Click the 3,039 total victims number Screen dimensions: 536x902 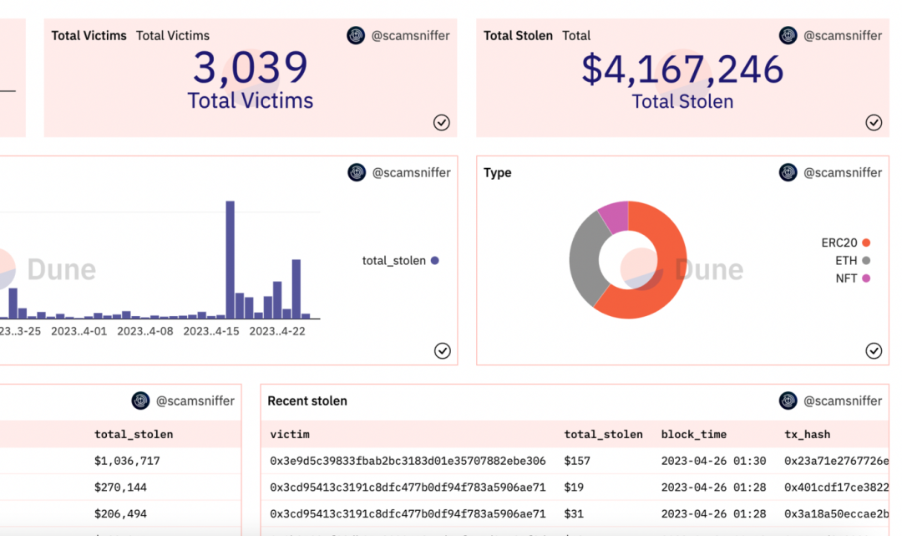251,69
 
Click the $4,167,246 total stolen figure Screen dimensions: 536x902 682,69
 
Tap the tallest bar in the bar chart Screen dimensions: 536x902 230,259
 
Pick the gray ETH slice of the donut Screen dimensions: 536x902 587,255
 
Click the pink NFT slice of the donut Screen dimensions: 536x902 614,217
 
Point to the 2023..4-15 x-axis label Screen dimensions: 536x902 211,331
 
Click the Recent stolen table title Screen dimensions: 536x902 307,401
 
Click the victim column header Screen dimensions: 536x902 290,434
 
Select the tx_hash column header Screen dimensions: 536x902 807,434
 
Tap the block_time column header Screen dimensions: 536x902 693,434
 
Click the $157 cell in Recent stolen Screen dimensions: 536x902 577,461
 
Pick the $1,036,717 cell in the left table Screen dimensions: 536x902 127,461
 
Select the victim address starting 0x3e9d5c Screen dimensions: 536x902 408,461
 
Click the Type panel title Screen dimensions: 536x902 498,173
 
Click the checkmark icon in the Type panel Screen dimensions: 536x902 874,350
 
